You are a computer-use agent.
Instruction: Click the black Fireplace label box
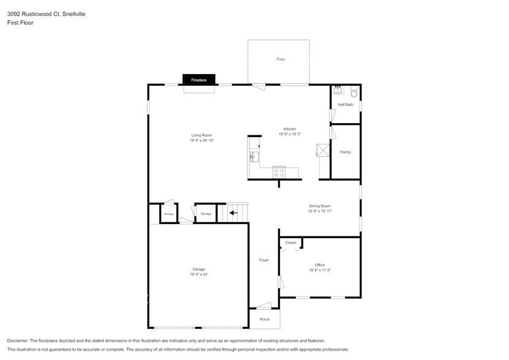(x=198, y=80)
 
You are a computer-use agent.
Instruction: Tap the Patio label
(x=281, y=59)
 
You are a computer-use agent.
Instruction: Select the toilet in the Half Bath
(x=353, y=92)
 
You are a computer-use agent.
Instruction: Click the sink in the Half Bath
(x=337, y=91)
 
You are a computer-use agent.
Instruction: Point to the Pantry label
(x=345, y=152)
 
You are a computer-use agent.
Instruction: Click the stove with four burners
(x=279, y=172)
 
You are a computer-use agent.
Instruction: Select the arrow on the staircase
(x=233, y=213)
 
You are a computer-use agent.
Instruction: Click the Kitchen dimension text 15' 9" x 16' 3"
(x=290, y=134)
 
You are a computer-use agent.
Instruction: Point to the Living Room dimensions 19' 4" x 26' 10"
(x=202, y=140)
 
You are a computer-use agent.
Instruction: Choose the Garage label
(x=198, y=269)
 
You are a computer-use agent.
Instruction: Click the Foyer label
(x=263, y=260)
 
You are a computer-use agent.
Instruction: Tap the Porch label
(x=264, y=319)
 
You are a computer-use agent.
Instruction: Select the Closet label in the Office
(x=290, y=242)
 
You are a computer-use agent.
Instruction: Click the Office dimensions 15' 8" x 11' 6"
(x=320, y=270)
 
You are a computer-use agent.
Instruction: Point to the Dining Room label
(x=320, y=206)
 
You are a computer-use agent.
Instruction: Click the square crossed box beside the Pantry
(x=322, y=151)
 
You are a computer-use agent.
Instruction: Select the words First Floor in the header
(x=20, y=23)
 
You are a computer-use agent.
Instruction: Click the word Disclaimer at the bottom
(x=18, y=340)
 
